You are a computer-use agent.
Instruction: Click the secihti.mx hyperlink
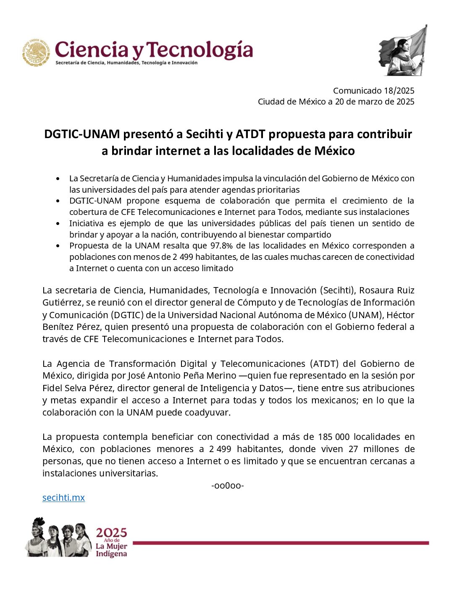point(63,498)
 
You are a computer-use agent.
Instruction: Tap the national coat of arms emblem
point(37,52)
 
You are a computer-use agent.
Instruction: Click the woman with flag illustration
point(403,51)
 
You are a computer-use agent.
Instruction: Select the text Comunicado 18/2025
point(373,91)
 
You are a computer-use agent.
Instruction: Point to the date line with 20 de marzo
point(336,102)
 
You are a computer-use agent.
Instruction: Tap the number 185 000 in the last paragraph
point(334,437)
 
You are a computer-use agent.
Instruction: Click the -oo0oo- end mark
point(228,486)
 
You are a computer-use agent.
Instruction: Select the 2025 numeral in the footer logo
point(111,533)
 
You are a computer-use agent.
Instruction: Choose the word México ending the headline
point(334,151)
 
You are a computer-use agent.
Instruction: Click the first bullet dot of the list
point(58,179)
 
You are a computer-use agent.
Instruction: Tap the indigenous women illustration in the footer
point(58,538)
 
